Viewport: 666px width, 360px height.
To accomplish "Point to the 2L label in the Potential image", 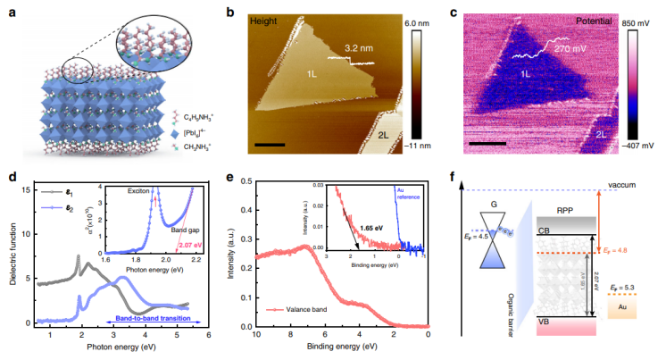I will pyautogui.click(x=604, y=133).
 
